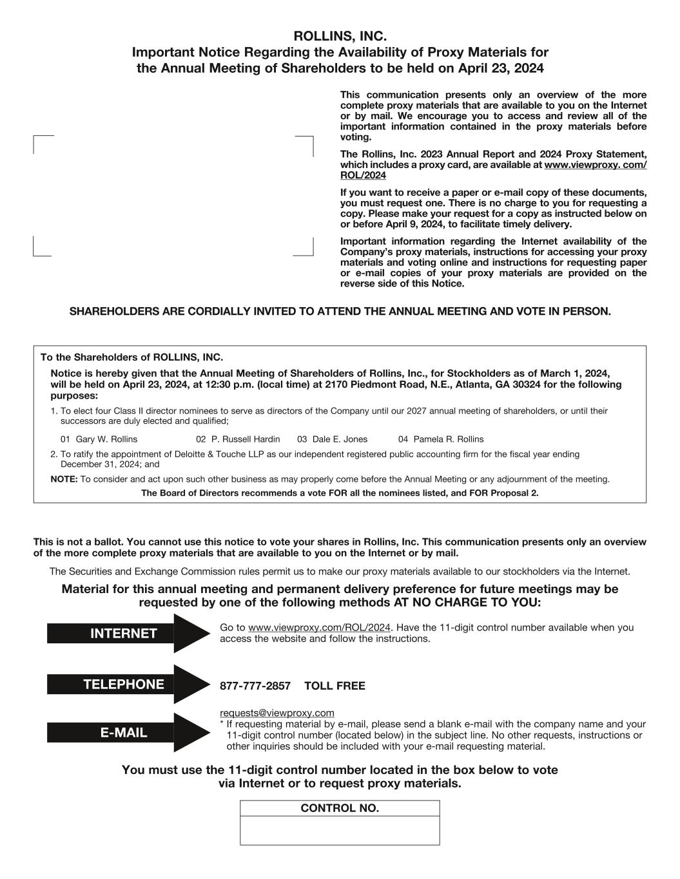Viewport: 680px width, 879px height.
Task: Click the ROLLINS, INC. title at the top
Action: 340,36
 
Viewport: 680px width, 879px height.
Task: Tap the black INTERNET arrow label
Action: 124,634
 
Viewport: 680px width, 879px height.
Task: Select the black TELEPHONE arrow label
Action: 124,685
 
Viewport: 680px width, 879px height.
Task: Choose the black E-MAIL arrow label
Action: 124,733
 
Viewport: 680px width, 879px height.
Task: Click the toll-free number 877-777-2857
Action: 255,686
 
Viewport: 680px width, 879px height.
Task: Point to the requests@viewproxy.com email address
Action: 277,713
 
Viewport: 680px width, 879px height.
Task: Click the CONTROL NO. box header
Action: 340,809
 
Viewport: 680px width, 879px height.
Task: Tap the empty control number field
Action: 340,831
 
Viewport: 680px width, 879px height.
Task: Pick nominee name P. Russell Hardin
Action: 246,439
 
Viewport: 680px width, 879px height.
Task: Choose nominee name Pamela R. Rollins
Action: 449,439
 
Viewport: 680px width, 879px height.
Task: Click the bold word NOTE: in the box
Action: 64,479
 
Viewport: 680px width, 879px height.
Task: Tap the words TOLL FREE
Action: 335,686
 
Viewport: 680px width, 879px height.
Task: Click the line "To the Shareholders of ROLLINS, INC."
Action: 131,357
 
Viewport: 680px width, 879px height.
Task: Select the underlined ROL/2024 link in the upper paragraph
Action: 363,176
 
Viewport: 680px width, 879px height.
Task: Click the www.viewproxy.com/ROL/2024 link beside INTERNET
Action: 320,628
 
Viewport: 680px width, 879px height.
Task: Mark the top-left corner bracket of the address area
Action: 35,138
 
